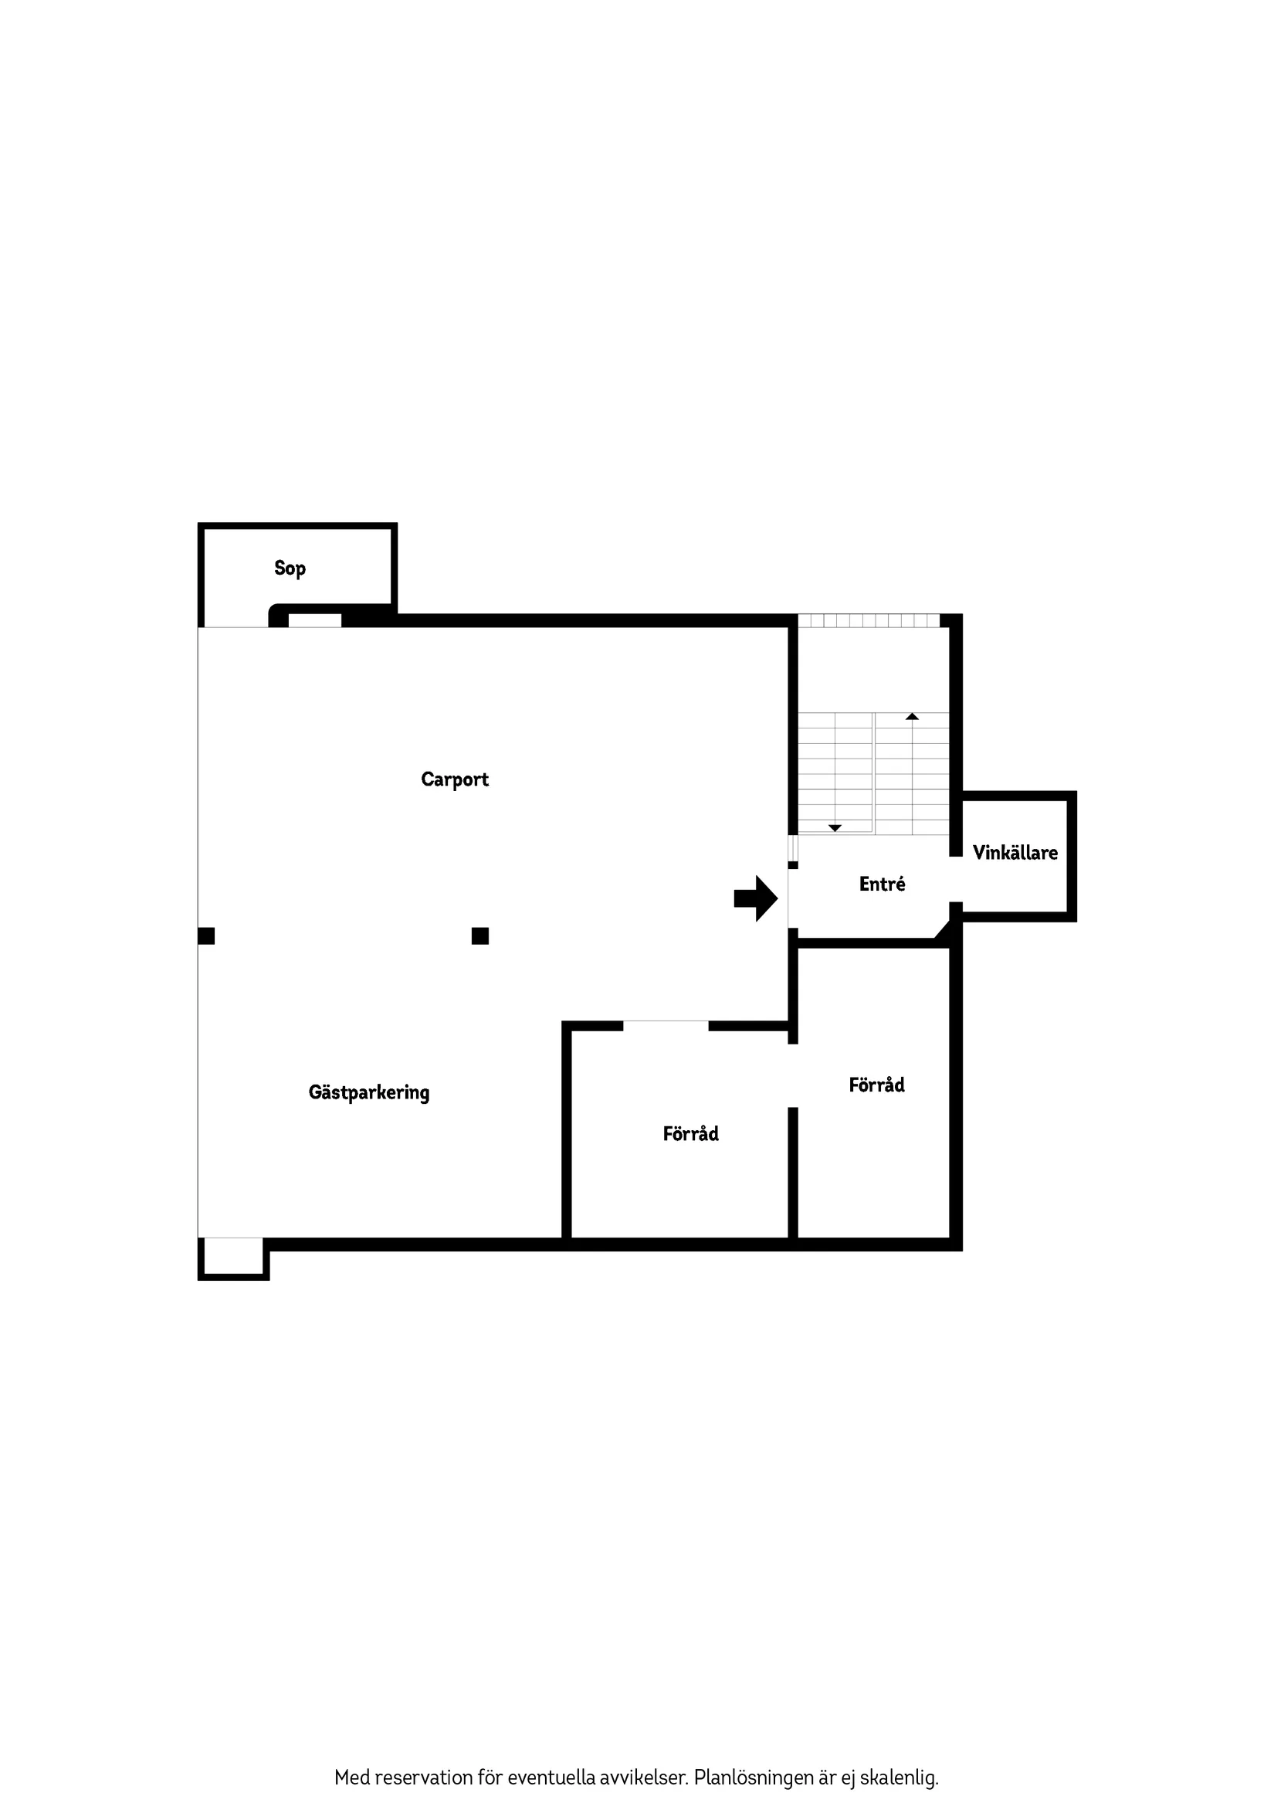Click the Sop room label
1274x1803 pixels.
coord(290,568)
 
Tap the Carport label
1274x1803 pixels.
coord(455,779)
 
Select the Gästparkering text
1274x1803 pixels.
coord(369,1092)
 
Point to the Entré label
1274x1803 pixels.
coord(883,885)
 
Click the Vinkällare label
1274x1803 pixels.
coord(1015,853)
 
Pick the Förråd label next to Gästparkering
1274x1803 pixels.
coord(691,1133)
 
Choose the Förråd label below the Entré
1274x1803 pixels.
coord(877,1085)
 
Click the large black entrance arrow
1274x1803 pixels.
coord(756,898)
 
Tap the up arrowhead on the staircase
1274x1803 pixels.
coord(912,716)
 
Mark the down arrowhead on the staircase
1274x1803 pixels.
coord(835,828)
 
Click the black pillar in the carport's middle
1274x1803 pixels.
coord(480,936)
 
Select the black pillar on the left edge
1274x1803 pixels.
coord(206,936)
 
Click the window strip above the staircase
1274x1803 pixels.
coord(869,620)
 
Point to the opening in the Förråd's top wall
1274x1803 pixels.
coord(666,1026)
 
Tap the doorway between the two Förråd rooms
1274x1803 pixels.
coord(793,1076)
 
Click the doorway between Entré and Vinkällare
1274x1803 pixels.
coord(956,880)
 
